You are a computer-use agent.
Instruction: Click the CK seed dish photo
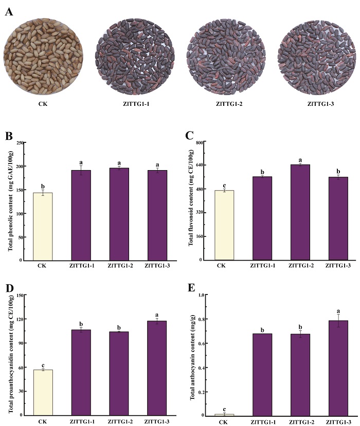coord(43,56)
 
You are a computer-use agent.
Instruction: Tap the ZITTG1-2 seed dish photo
coord(226,57)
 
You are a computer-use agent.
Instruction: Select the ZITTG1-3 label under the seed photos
coord(320,104)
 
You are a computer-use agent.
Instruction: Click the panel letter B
coord(9,136)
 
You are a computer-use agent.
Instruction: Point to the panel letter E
coord(191,288)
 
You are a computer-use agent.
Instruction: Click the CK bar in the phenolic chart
coord(43,227)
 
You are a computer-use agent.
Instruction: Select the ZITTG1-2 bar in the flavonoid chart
coord(300,212)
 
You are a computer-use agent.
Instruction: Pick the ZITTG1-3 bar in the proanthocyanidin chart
coord(157,368)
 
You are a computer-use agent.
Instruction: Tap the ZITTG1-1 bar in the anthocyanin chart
coord(262,375)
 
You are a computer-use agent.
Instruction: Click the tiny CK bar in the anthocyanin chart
coord(224,415)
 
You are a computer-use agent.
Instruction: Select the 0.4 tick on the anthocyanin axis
coord(201,367)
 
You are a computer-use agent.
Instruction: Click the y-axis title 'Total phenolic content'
coord(10,201)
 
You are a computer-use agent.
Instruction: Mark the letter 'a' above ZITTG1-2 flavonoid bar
coord(300,160)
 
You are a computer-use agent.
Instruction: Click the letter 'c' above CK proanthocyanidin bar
coord(43,365)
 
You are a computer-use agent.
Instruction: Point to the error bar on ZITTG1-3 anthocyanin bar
coord(338,321)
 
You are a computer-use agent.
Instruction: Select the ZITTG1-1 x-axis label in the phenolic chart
coord(82,266)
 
